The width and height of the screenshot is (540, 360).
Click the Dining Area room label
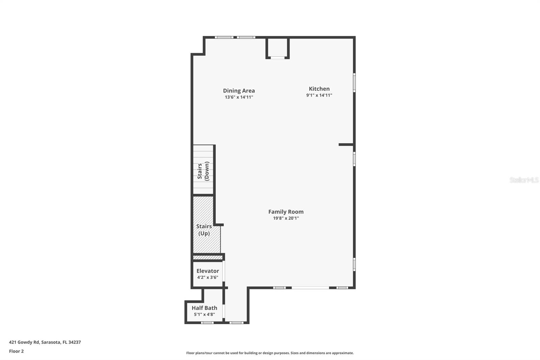[239, 91]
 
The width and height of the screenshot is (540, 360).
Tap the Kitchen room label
[319, 89]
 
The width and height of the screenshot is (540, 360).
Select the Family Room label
[286, 212]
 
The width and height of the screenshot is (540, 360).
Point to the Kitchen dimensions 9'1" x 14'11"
[319, 95]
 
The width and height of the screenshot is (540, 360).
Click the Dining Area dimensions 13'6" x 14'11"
[239, 97]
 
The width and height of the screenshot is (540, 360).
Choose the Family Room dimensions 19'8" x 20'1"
[286, 218]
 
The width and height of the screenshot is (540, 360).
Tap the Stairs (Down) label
[203, 171]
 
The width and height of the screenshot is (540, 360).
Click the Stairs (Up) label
[204, 230]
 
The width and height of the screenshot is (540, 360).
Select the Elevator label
[208, 271]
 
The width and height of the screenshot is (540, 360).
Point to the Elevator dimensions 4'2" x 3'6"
[208, 278]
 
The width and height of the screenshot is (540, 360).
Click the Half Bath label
[204, 308]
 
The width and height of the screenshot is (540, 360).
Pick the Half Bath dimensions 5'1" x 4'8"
[204, 314]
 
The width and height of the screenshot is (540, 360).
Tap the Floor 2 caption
[16, 351]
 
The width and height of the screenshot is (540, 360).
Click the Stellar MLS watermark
[524, 180]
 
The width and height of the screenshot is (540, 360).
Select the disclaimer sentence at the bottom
[270, 353]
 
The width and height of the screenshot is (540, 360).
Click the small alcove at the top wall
[277, 48]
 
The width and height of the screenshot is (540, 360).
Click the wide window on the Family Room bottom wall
[310, 288]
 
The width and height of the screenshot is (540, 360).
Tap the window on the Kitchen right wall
[354, 82]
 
